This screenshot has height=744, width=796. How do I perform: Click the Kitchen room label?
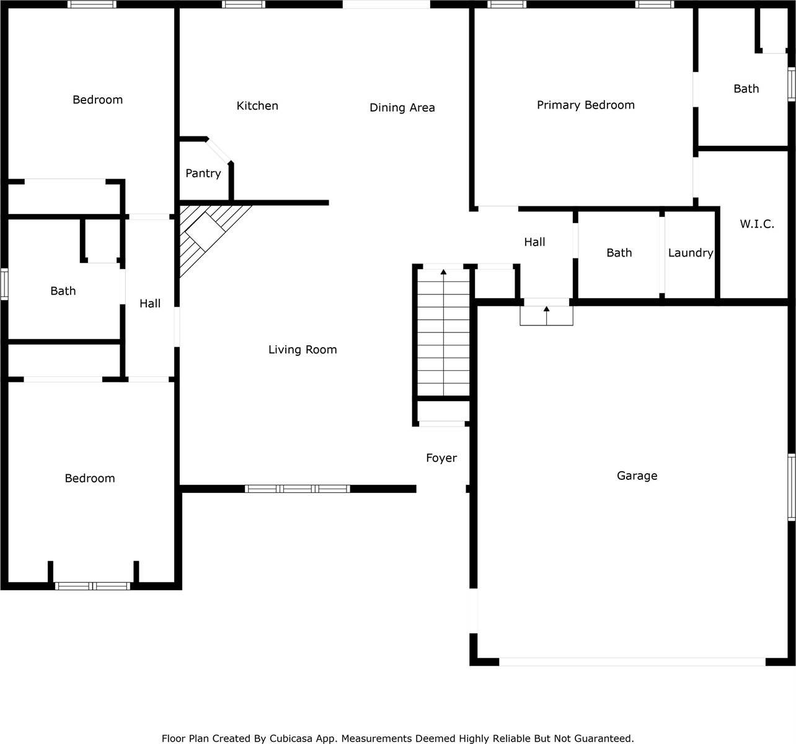point(257,106)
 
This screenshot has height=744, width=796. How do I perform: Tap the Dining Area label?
point(402,108)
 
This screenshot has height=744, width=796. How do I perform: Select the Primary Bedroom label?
point(585,105)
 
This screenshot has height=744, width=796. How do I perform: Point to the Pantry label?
point(203,174)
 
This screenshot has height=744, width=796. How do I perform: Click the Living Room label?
point(303,350)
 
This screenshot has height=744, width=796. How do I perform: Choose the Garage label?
point(637,476)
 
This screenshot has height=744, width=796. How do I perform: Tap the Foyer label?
point(441,458)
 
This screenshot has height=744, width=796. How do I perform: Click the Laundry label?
point(690,253)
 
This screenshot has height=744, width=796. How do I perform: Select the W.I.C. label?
point(756,224)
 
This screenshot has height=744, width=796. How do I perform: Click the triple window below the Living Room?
point(298,489)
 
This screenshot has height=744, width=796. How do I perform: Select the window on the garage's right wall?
point(792,487)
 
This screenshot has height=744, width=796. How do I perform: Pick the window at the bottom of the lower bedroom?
point(92,586)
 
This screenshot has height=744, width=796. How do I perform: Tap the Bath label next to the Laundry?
point(619,253)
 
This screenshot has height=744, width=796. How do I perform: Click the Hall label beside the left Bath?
point(149,304)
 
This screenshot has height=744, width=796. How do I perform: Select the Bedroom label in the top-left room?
point(97,100)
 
